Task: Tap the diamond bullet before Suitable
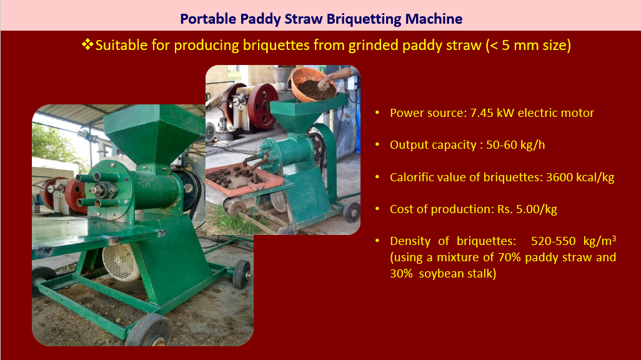coord(87,44)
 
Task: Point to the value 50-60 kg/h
coord(515,145)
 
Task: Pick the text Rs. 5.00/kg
coord(527,209)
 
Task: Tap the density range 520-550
coord(554,241)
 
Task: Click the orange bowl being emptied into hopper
coord(313,84)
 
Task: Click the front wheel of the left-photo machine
coord(148,331)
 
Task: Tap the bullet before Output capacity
coord(377,145)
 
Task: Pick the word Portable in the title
coord(208,19)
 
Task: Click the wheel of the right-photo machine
coord(352,212)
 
